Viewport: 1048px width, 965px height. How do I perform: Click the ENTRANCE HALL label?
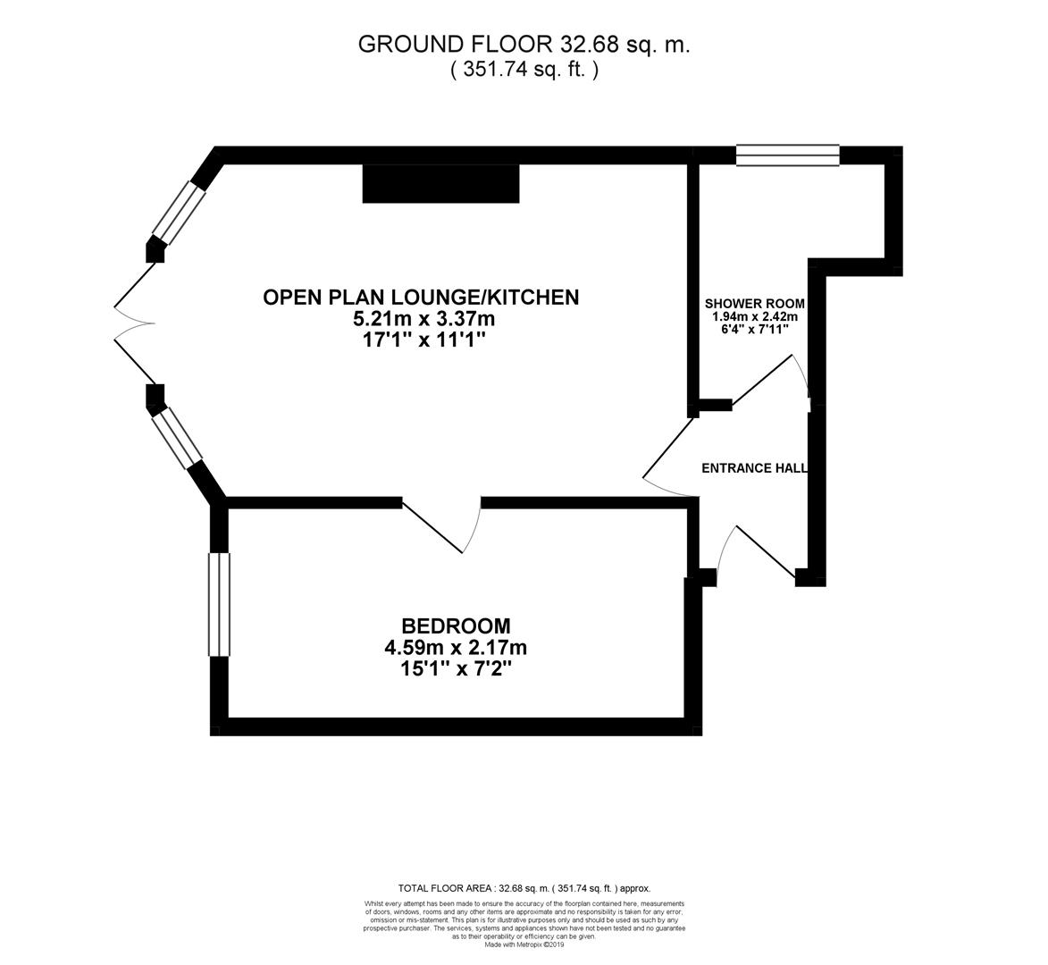[x=754, y=468]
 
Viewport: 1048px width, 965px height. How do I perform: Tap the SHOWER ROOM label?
[x=755, y=304]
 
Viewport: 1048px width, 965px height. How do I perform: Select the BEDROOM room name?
[x=456, y=626]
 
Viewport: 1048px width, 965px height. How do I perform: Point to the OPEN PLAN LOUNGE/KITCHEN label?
[x=421, y=297]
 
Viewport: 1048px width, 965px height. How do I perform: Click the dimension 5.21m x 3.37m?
[x=423, y=318]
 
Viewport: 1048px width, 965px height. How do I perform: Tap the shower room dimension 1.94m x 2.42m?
[x=754, y=317]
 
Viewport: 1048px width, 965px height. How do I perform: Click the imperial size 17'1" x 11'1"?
[x=423, y=340]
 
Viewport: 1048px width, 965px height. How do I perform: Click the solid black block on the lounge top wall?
[x=441, y=183]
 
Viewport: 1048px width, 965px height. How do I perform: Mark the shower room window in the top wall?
[x=787, y=155]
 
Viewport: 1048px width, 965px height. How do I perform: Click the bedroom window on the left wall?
[x=219, y=604]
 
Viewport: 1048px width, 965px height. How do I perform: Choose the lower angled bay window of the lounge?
[x=177, y=437]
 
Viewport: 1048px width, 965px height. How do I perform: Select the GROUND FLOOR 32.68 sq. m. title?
[x=524, y=44]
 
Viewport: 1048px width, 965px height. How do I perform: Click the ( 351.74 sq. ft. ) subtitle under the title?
[x=524, y=69]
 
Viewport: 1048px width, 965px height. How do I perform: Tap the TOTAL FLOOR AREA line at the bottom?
[x=524, y=888]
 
